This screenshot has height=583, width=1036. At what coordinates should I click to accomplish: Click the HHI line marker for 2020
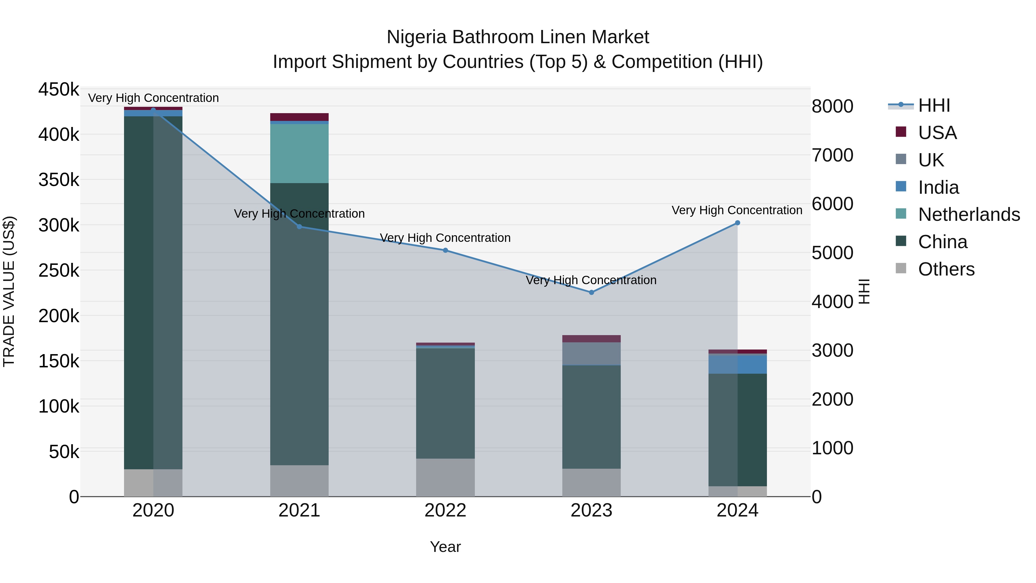[153, 110]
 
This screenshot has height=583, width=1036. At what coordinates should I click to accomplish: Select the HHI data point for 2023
[591, 293]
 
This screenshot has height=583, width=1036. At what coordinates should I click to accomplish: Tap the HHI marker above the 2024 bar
[737, 223]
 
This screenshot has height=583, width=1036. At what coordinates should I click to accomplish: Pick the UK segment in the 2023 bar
[591, 354]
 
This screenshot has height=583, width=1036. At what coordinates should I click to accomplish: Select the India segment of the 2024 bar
[737, 364]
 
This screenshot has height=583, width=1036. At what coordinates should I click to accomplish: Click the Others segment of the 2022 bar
[445, 478]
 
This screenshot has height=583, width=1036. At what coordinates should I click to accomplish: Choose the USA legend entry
[937, 133]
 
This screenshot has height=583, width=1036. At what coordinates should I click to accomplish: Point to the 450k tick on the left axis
[59, 89]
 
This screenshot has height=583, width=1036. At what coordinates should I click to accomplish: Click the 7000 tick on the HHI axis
[832, 155]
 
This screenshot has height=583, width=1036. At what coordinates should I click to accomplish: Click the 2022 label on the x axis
[445, 510]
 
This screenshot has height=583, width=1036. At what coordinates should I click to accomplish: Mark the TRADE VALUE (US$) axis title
[9, 292]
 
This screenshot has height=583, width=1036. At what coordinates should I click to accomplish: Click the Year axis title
[445, 547]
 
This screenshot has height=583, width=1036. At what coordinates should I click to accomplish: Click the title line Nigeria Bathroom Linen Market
[518, 37]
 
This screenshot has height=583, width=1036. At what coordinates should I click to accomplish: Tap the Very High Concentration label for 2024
[737, 210]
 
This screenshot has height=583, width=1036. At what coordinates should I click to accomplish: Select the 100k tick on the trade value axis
[59, 406]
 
